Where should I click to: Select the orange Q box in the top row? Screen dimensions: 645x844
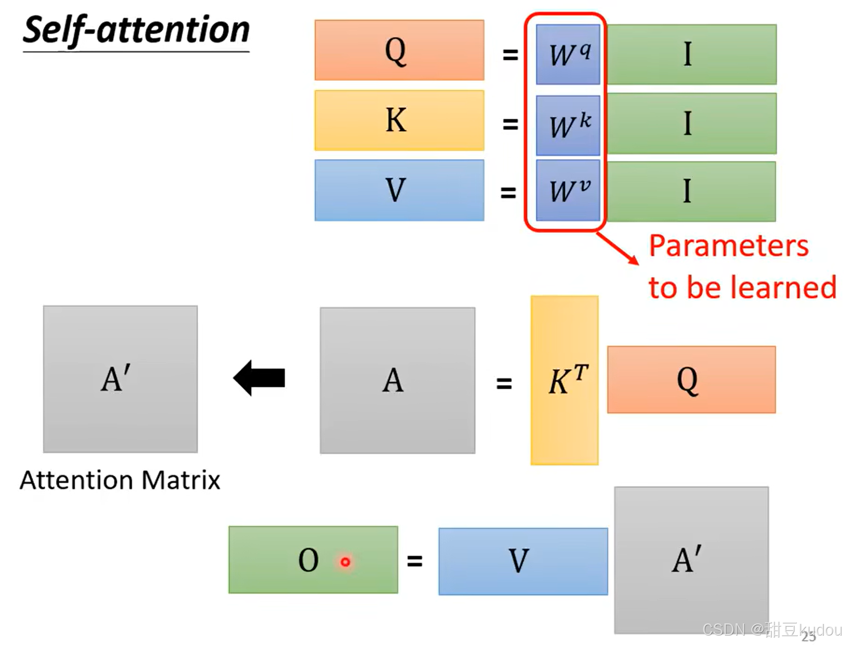(x=399, y=50)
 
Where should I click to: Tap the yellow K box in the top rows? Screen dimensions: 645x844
(x=399, y=120)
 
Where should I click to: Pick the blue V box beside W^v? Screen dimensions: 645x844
(x=399, y=190)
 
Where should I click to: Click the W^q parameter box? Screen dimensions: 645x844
(x=568, y=54)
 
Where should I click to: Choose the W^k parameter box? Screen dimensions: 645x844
(x=568, y=125)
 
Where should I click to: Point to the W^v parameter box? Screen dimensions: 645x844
(x=568, y=190)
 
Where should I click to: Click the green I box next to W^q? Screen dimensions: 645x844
(x=692, y=54)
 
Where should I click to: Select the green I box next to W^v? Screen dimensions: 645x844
(x=692, y=191)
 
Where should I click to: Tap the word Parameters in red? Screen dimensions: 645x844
(x=729, y=246)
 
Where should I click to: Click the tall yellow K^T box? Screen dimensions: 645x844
(x=564, y=380)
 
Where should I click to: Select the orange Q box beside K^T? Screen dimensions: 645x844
(x=691, y=380)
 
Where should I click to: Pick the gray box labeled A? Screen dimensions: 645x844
(x=397, y=380)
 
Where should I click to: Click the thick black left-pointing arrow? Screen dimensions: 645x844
(x=259, y=378)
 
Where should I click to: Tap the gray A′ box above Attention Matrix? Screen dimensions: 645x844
(x=120, y=379)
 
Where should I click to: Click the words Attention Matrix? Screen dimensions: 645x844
(x=120, y=480)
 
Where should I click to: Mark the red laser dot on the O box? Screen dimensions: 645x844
(x=345, y=562)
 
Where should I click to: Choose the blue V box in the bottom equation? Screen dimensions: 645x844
(x=523, y=561)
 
